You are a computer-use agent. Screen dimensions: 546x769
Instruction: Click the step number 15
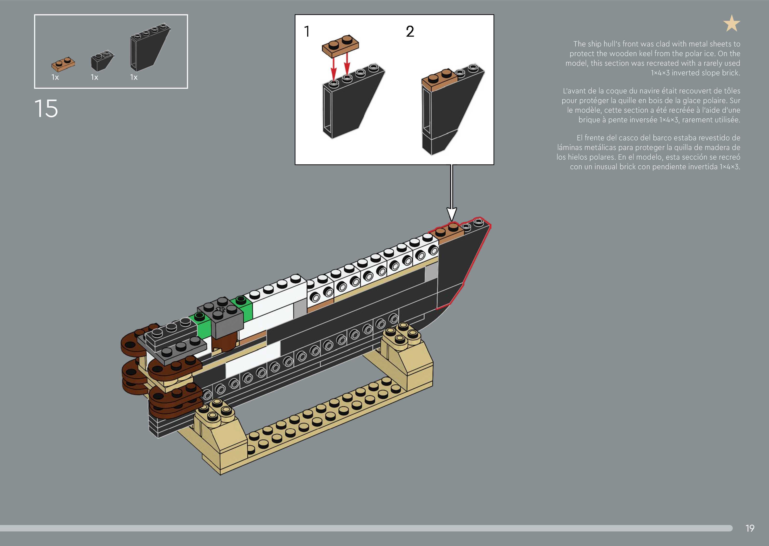[x=46, y=109]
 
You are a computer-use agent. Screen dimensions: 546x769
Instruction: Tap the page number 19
[x=750, y=528]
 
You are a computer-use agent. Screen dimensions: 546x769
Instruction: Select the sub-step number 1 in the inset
[x=307, y=32]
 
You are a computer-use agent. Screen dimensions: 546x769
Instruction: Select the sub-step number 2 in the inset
[x=410, y=32]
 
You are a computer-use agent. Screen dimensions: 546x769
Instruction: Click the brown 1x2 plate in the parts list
[x=63, y=64]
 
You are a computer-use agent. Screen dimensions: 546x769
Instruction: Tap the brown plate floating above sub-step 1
[x=340, y=45]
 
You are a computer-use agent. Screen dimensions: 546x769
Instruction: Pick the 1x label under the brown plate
[x=55, y=77]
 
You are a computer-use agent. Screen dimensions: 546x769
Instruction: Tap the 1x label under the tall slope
[x=134, y=77]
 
